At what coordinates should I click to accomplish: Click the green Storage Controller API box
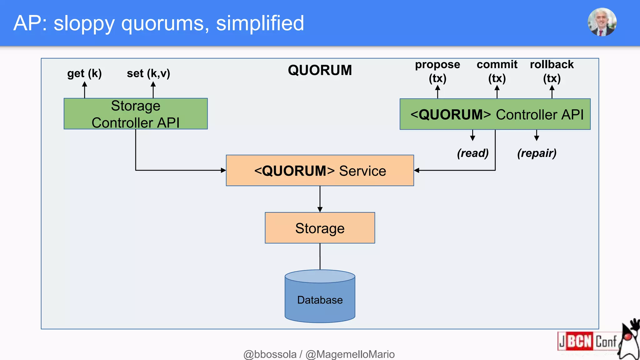point(135,114)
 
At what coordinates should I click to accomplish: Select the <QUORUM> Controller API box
point(495,114)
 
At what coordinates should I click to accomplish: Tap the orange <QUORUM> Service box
point(320,171)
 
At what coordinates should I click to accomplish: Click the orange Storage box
point(320,228)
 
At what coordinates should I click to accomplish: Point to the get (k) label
point(84,74)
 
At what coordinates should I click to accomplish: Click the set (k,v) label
point(148,74)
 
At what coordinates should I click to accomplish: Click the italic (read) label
point(472,153)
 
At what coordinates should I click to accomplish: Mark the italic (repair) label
point(537,153)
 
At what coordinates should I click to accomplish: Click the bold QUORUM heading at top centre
point(320,70)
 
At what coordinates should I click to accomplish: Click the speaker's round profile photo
point(602,22)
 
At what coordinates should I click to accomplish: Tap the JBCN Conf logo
point(587,341)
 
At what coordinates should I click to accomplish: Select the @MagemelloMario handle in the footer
point(350,354)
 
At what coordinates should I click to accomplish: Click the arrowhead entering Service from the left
point(223,170)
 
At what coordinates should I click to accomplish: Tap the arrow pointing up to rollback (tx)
point(552,92)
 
